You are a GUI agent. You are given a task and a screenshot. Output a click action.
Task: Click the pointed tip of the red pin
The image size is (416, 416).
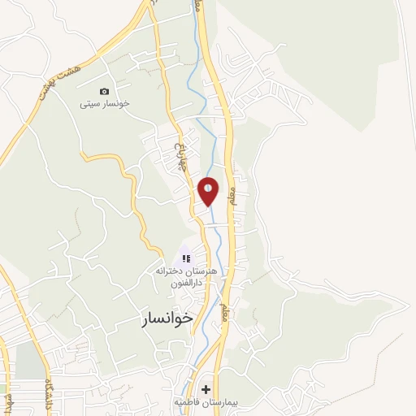[208, 205]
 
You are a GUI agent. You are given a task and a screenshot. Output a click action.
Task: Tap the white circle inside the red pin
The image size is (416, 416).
[208, 188]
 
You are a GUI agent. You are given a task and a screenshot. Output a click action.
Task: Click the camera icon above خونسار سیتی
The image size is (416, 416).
[104, 92]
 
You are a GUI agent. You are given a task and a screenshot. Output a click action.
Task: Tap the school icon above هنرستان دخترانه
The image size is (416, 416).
[185, 258]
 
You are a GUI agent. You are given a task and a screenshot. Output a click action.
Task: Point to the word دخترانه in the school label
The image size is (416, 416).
[167, 271]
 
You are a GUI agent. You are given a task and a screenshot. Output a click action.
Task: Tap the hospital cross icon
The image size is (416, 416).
[206, 389]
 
